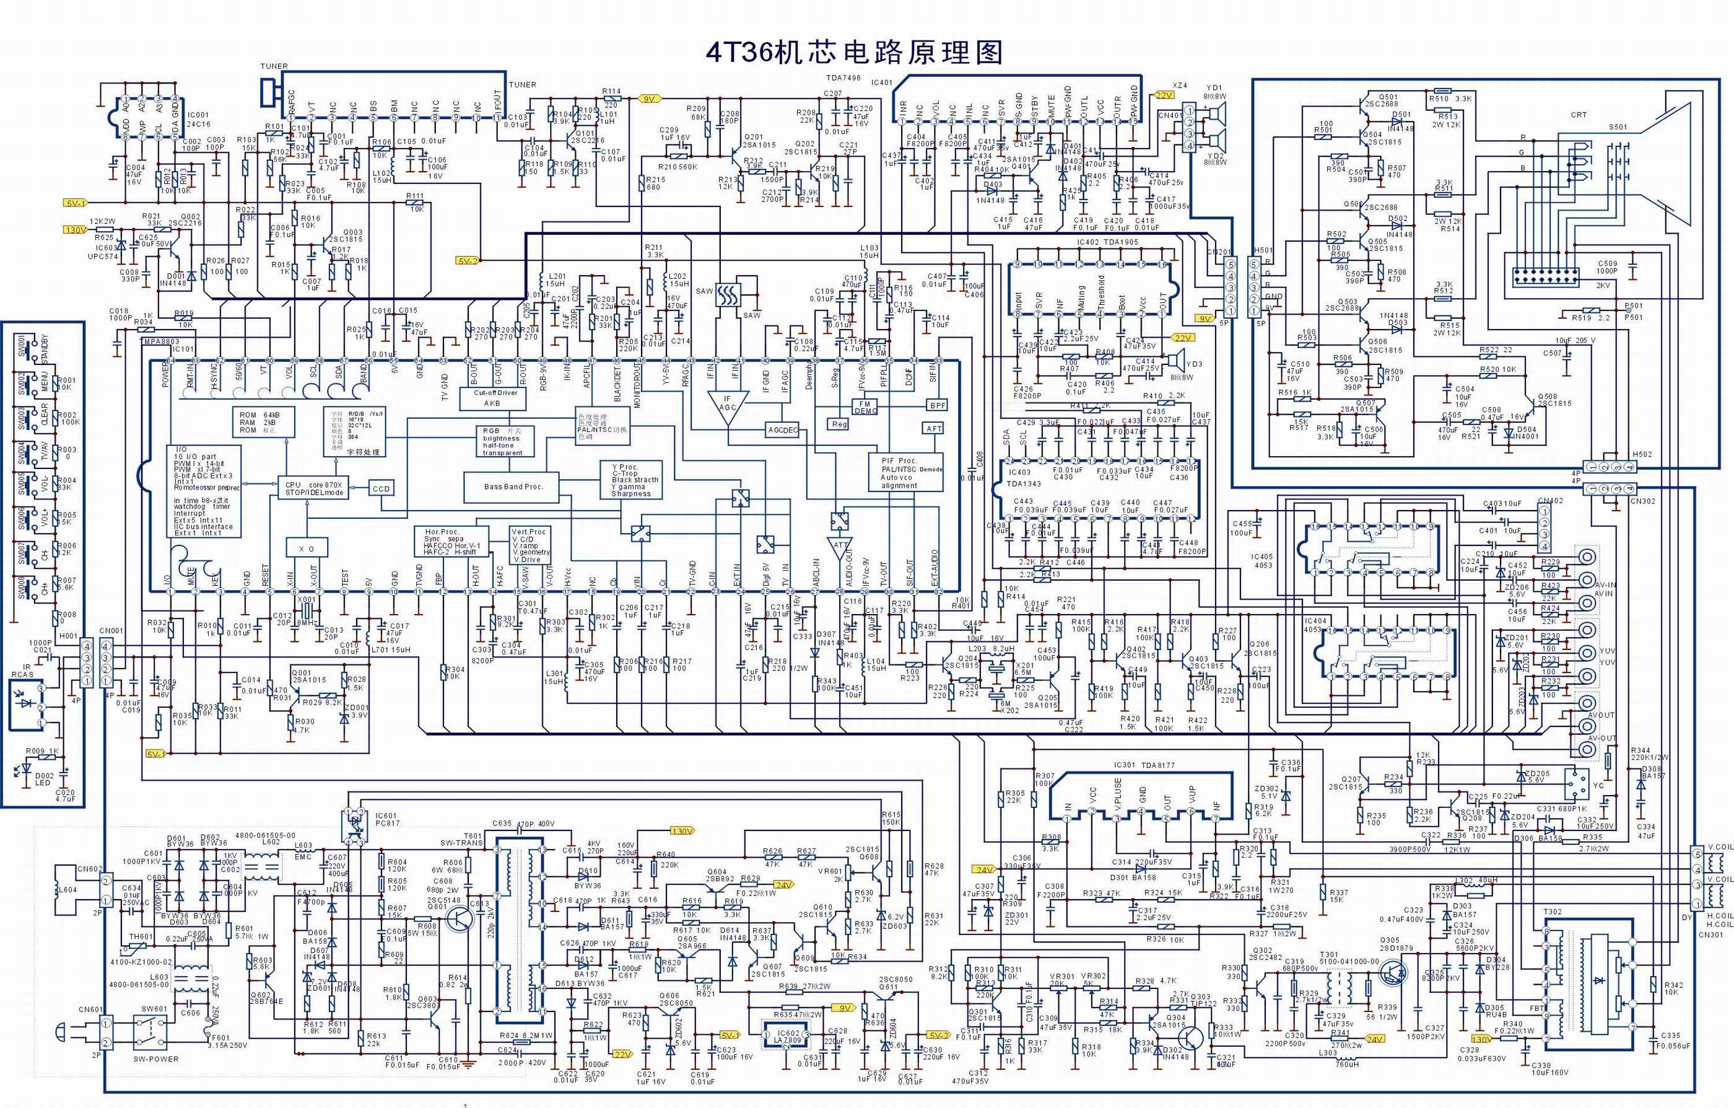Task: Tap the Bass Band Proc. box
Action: tap(513, 486)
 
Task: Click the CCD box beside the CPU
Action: tap(381, 488)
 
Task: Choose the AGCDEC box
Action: tap(783, 430)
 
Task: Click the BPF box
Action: tap(937, 406)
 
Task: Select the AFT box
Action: tap(934, 428)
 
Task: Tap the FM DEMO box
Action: tap(865, 407)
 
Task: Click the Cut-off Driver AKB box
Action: tap(492, 398)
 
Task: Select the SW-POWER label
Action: tap(155, 1059)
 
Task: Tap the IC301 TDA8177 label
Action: tap(1137, 766)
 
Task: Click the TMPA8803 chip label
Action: tap(160, 341)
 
